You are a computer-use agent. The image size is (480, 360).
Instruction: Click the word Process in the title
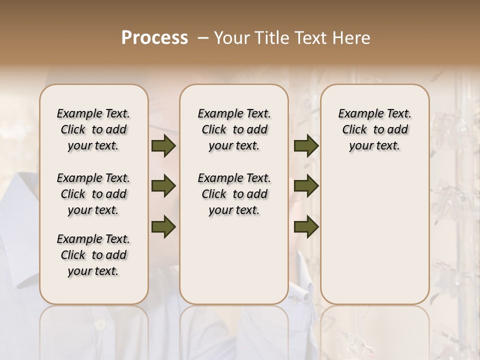pyautogui.click(x=154, y=38)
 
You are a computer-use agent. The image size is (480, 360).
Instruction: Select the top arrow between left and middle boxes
pyautogui.click(x=163, y=146)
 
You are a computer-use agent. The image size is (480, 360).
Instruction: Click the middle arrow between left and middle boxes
pyautogui.click(x=163, y=186)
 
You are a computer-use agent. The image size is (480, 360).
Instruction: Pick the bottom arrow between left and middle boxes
pyautogui.click(x=163, y=226)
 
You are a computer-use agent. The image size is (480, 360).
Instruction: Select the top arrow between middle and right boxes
pyautogui.click(x=306, y=146)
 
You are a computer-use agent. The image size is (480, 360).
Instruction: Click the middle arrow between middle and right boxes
pyautogui.click(x=306, y=186)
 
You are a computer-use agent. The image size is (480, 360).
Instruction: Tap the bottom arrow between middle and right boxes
pyautogui.click(x=306, y=226)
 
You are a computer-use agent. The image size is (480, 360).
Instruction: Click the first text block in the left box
pyautogui.click(x=93, y=129)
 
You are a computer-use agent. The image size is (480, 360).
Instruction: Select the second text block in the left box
pyautogui.click(x=93, y=194)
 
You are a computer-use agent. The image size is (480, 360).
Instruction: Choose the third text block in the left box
pyautogui.click(x=93, y=255)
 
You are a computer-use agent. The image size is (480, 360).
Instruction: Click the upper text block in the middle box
pyautogui.click(x=234, y=129)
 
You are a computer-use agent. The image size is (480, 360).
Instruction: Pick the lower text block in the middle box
pyautogui.click(x=234, y=194)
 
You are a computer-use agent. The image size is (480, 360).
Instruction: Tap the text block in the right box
pyautogui.click(x=375, y=129)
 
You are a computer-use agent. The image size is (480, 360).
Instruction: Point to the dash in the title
pyautogui.click(x=203, y=38)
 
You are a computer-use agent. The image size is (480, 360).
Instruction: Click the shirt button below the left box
pyautogui.click(x=101, y=324)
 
